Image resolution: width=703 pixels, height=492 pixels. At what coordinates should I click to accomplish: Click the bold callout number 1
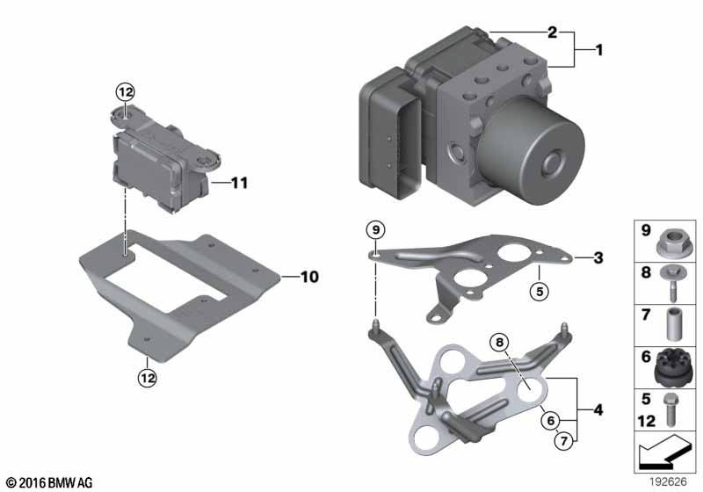click(599, 50)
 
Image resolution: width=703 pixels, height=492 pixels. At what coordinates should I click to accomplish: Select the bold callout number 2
click(553, 33)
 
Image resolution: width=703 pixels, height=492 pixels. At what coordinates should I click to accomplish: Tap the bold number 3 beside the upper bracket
click(598, 257)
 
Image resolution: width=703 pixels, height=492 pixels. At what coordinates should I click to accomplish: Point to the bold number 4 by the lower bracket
click(598, 409)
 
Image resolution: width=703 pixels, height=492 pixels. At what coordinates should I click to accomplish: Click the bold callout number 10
click(309, 277)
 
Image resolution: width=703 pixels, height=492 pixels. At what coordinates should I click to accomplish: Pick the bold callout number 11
click(239, 183)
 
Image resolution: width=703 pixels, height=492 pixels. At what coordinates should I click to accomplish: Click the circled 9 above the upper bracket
click(376, 230)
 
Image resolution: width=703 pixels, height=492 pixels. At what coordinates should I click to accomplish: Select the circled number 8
click(499, 343)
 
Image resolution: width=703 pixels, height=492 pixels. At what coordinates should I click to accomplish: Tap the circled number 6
click(551, 420)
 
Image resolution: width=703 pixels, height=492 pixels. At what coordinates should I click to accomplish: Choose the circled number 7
click(563, 441)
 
